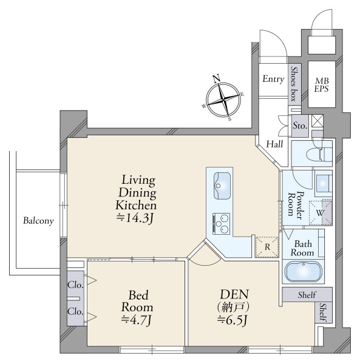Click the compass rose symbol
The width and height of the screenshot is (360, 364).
(223, 99)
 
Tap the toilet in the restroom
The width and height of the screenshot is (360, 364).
(319, 153)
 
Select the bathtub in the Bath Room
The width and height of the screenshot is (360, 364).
(304, 271)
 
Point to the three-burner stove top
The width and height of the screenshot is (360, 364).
(221, 224)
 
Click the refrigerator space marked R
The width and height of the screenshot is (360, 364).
(267, 247)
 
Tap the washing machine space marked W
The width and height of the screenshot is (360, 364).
(321, 212)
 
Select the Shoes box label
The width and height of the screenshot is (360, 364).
(294, 84)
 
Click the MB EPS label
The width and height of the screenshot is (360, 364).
(322, 85)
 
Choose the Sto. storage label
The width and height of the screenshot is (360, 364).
(300, 126)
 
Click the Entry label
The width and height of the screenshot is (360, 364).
(273, 79)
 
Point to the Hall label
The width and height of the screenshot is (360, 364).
(274, 144)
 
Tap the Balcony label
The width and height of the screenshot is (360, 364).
(39, 221)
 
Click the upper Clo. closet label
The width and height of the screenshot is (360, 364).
(75, 285)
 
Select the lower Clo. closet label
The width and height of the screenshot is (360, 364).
(75, 311)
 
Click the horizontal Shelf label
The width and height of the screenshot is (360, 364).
(307, 295)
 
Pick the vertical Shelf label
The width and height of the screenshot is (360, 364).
(323, 312)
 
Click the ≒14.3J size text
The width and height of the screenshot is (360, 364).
(135, 218)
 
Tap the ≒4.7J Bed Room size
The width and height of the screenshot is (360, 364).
(136, 320)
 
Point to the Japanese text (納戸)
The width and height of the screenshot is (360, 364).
(233, 308)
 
